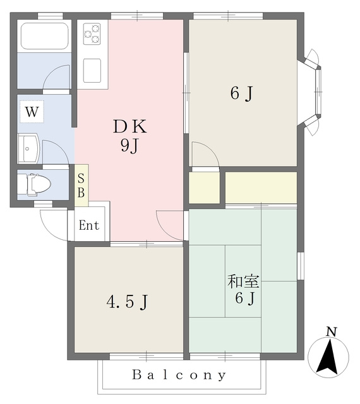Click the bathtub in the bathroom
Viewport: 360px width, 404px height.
click(44, 36)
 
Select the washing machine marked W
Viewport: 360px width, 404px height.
click(32, 112)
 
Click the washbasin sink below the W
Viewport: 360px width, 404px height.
click(28, 148)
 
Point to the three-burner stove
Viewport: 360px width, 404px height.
click(92, 33)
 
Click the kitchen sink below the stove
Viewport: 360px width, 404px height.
click(92, 71)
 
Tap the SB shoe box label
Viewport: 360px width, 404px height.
click(81, 186)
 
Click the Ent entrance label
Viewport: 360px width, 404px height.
click(89, 225)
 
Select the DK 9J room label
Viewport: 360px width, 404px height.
click(130, 136)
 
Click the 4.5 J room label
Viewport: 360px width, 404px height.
click(128, 302)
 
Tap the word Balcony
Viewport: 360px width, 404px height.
click(179, 375)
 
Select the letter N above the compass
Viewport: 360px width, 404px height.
click(332, 332)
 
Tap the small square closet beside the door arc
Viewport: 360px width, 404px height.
click(204, 187)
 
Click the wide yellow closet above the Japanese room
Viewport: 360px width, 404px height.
click(261, 187)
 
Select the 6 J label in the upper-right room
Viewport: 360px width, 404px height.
click(241, 93)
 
